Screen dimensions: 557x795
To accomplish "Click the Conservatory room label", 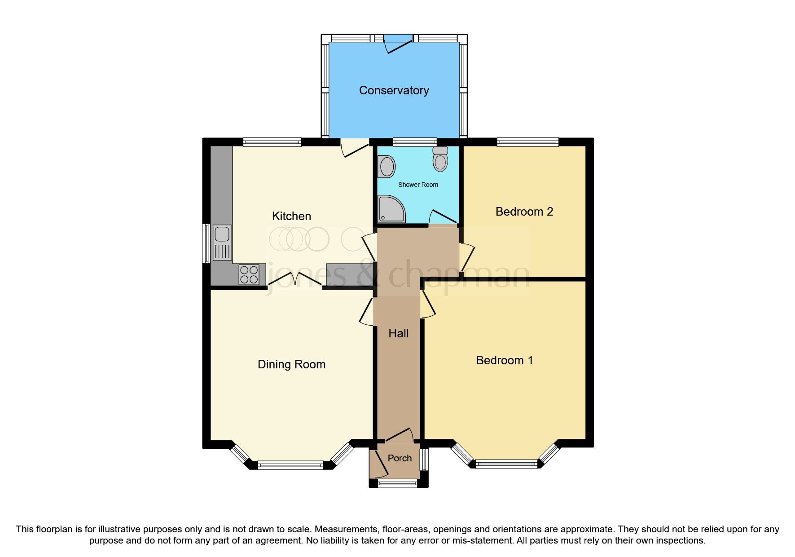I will (394, 90).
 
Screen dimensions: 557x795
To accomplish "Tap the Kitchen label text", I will (291, 216).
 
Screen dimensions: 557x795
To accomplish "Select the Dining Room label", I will (291, 364).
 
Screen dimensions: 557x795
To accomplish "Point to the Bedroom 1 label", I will (504, 360).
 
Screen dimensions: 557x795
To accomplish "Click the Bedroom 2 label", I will (524, 212).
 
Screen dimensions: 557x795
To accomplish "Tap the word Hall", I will (398, 333).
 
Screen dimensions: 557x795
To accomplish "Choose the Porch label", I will (400, 458).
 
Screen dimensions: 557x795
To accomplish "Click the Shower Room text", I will (418, 185).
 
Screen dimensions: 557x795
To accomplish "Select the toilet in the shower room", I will (440, 159).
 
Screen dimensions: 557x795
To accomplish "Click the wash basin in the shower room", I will (387, 167).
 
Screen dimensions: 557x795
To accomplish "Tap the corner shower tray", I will (390, 209).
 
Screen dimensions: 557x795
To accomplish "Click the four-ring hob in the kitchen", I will (249, 274).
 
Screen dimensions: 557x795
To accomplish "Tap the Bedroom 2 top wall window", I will (527, 142).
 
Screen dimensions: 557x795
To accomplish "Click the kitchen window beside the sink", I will (206, 243).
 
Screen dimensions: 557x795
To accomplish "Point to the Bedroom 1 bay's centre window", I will (506, 464).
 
